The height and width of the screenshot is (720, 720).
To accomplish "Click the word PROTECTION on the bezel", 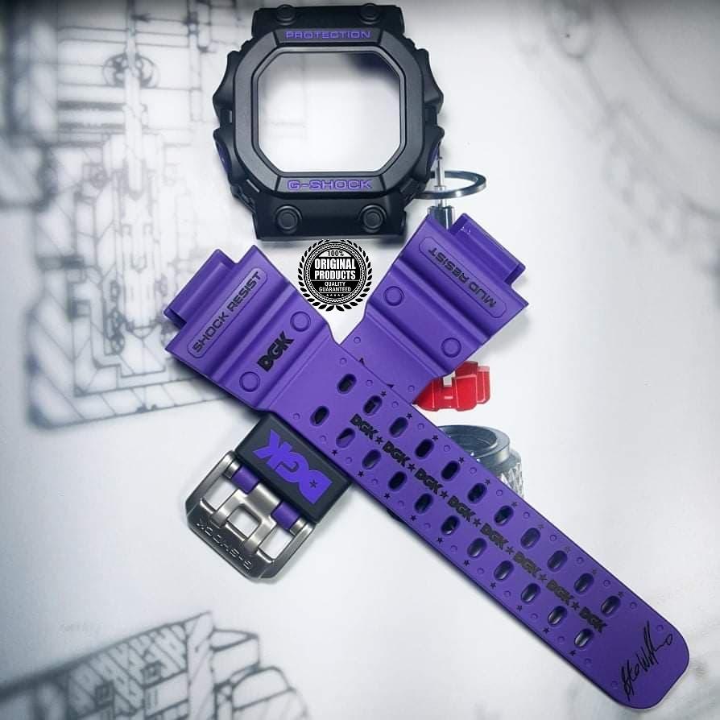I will click(328, 35).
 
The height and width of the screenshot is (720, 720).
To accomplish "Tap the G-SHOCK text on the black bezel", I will click(329, 184).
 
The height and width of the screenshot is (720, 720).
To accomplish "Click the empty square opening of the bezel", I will click(329, 110).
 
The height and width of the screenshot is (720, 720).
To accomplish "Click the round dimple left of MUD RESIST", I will click(392, 295).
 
